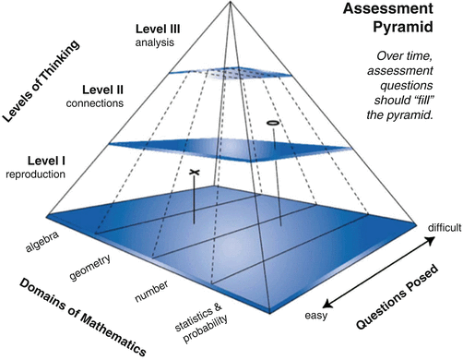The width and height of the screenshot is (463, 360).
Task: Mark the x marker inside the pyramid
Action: tap(194, 173)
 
